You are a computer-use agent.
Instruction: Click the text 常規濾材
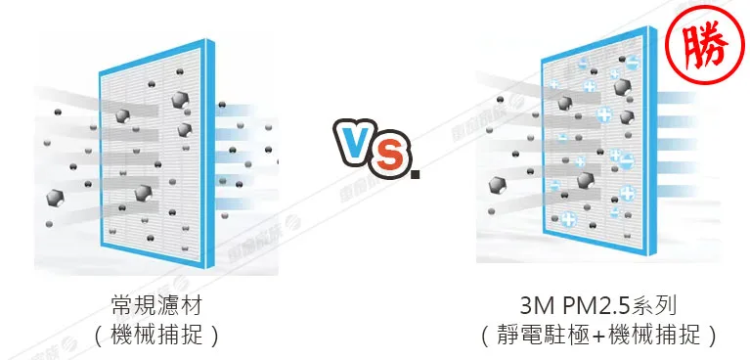click(158, 303)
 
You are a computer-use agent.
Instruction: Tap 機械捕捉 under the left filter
click(158, 336)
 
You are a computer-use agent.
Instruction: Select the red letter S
click(390, 157)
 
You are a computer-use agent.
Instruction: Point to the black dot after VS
click(416, 175)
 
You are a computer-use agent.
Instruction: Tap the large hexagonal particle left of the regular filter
click(54, 197)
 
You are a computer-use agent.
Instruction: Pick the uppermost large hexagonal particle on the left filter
click(180, 100)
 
